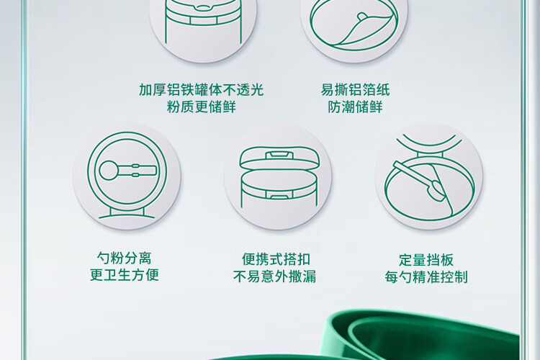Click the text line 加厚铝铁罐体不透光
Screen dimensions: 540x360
point(202,90)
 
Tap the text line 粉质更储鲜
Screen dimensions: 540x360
point(202,107)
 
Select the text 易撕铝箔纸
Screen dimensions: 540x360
point(355,90)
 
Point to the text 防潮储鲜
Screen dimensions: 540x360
point(355,107)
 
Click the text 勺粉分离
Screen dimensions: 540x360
point(124,258)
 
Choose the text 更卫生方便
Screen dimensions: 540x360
point(124,274)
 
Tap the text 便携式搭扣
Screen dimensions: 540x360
point(276,259)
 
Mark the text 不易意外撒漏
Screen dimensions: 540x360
point(274,276)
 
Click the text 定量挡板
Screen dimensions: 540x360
point(426,260)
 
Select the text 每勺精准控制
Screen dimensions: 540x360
point(426,277)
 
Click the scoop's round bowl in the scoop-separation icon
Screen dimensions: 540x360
point(109,171)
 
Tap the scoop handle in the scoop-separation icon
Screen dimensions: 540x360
point(138,171)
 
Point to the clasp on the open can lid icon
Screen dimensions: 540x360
point(279,154)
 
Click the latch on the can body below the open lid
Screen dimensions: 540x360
point(279,196)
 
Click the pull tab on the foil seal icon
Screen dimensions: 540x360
point(362,17)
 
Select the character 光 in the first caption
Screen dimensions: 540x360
point(257,90)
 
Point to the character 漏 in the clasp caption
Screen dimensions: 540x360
point(310,276)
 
